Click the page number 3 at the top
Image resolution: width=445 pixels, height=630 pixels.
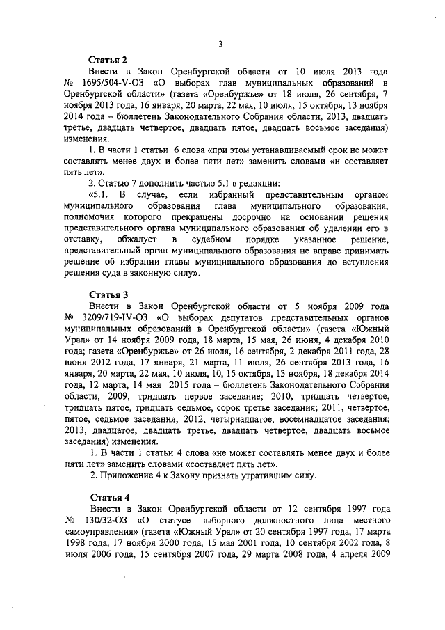tap(220, 45)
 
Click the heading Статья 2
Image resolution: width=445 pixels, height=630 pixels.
tap(106, 61)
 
